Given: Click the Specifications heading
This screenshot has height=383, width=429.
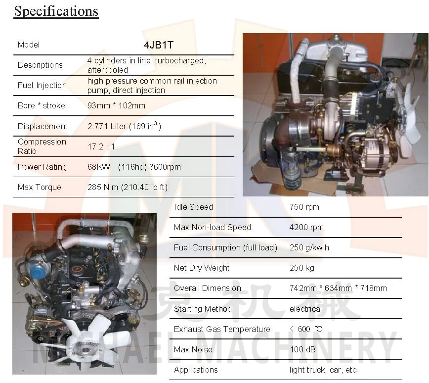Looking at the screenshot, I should [x=56, y=11].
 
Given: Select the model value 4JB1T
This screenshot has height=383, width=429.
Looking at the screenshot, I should [x=159, y=45].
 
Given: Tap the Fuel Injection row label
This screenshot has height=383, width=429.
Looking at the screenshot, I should [x=42, y=85].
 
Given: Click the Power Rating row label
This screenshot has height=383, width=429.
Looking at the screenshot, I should [x=42, y=167].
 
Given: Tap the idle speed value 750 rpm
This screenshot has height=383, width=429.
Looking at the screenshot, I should [x=304, y=207].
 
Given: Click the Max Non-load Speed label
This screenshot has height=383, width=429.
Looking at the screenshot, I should [x=213, y=227].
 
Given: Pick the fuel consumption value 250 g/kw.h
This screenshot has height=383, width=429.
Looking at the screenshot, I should [x=309, y=247].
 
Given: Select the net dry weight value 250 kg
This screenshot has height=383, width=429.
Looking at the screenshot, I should [x=302, y=268].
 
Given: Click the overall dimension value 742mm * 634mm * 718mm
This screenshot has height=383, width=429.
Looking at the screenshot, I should [x=338, y=288].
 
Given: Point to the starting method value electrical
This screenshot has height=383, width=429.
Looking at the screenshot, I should [x=305, y=309].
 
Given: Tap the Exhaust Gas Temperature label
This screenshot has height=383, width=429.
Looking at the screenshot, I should [x=222, y=329].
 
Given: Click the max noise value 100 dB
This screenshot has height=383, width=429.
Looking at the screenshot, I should [x=302, y=349].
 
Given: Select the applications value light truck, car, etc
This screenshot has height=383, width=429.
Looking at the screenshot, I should [x=323, y=370].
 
